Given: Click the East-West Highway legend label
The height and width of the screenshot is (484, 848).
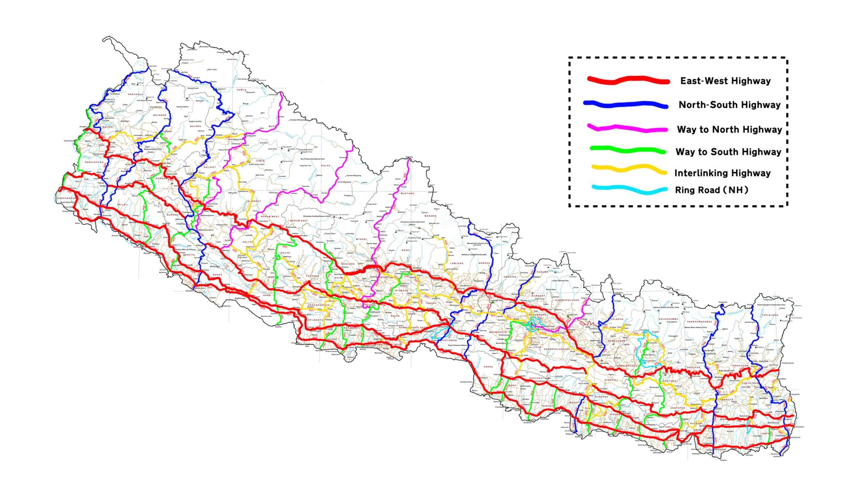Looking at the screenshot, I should [725, 81].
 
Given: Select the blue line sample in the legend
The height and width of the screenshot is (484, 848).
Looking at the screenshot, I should [625, 104].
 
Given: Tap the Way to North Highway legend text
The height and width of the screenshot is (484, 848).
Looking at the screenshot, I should [729, 130].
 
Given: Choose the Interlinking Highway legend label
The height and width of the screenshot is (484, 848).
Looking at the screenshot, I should [722, 173].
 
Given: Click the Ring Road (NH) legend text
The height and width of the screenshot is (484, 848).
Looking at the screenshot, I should [711, 190].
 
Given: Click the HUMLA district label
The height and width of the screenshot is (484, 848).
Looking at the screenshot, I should [241, 90].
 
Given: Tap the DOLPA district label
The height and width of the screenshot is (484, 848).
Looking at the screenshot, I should [326, 166].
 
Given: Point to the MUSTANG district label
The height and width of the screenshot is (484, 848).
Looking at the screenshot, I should [407, 193].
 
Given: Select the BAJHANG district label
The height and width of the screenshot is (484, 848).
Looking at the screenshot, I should [159, 115].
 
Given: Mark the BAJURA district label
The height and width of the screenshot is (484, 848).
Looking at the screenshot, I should [195, 126].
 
